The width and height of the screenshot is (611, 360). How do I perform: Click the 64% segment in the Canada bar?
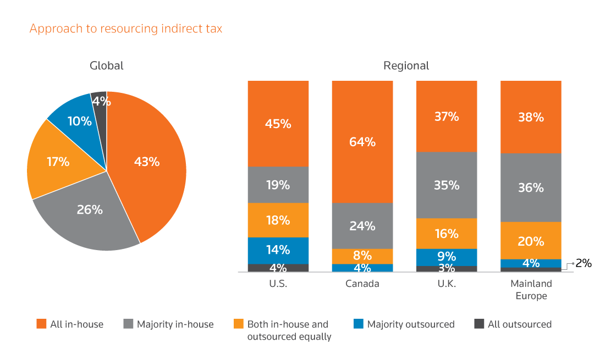coord(362,142)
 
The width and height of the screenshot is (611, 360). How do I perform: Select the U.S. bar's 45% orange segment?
coord(278,124)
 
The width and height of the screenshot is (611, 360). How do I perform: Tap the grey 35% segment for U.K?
coord(447,185)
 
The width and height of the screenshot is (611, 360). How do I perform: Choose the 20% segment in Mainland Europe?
coord(531,241)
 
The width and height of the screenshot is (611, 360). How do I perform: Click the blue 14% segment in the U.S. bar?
coord(278,250)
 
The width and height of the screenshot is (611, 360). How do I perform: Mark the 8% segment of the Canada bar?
coord(362,256)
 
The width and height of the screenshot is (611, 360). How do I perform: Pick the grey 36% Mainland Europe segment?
coord(531,187)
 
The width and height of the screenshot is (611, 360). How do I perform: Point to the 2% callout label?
coord(583,263)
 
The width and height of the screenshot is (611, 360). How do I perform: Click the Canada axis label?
coord(362,284)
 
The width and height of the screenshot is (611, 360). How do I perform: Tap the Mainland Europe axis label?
coord(531,290)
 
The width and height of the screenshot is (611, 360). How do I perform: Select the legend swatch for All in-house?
coord(41,324)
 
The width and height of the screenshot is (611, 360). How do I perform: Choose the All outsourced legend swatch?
coord(478,324)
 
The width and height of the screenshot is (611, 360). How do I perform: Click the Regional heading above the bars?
coord(406,66)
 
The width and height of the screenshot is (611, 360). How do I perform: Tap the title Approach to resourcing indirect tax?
coord(126,29)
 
